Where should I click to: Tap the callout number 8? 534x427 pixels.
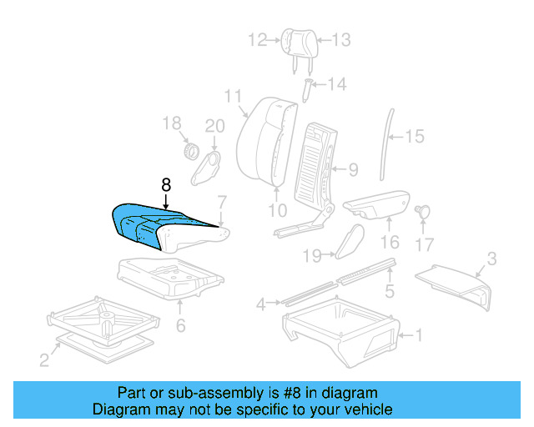(166, 186)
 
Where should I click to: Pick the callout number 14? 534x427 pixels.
(336, 84)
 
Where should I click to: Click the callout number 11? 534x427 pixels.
(232, 96)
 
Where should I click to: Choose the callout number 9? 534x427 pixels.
(353, 170)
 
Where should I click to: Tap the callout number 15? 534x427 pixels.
(415, 136)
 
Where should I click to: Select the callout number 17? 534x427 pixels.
(426, 244)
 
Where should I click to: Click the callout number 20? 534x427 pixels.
(215, 126)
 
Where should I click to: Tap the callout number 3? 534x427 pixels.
(491, 259)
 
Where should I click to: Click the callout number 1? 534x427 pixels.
(419, 336)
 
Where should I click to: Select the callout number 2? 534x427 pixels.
(44, 359)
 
